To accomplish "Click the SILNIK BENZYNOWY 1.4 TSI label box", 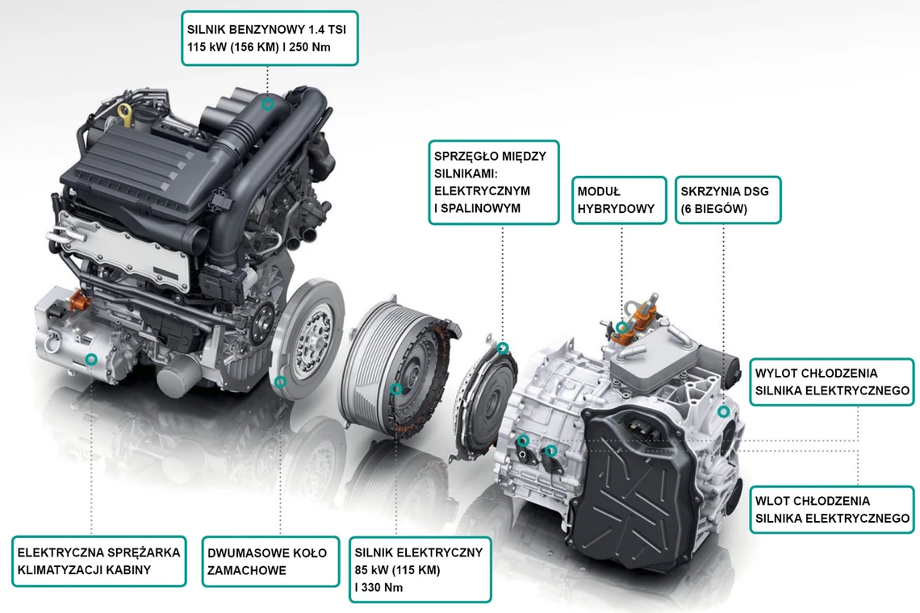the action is click(x=270, y=38).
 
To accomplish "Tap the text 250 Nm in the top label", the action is click(x=309, y=47).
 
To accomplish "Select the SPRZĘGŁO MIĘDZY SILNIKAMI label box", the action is click(x=493, y=182).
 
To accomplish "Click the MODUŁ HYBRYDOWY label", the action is click(x=619, y=200).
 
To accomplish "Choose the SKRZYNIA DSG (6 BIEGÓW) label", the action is click(x=728, y=200).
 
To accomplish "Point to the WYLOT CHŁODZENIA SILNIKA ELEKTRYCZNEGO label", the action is click(x=832, y=382).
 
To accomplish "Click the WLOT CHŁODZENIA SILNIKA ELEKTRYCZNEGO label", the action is click(x=832, y=509).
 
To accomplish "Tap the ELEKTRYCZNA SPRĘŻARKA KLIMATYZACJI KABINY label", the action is click(x=98, y=561).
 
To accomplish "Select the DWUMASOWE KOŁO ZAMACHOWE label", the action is click(x=270, y=561).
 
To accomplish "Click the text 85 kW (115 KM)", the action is click(x=396, y=569).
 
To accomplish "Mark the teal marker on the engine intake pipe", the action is click(x=268, y=104).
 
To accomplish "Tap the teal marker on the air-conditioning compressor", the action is click(x=91, y=359).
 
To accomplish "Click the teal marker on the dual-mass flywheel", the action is click(x=281, y=382).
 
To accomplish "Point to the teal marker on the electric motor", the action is click(x=396, y=389).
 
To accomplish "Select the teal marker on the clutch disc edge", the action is click(x=502, y=348).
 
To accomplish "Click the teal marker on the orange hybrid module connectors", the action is click(x=622, y=327).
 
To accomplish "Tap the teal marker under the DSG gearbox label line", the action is click(x=723, y=412).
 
